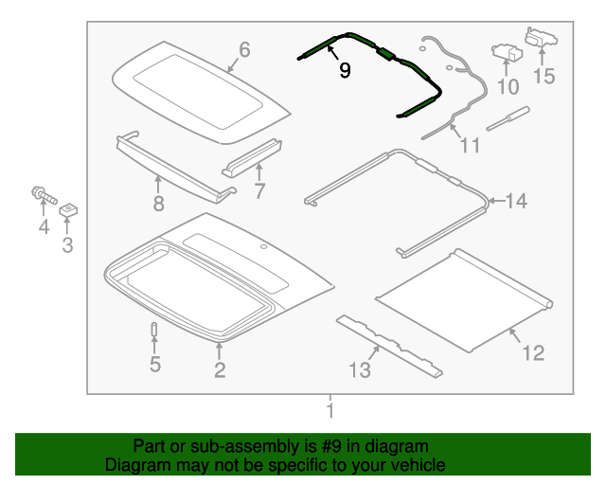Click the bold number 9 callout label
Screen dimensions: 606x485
345,70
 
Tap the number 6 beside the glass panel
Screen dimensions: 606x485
244,50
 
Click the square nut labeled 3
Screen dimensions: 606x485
68,210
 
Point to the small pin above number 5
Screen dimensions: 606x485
154,329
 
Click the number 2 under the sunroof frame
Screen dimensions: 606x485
220,369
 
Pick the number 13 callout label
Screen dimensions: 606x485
360,369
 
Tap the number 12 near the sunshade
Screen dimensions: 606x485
533,353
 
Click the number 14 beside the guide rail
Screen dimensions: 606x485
516,201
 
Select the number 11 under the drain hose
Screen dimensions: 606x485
470,146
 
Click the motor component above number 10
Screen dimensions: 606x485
507,52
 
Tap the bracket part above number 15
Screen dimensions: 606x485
541,37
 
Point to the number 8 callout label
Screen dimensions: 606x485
158,204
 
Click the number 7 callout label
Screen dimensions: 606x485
259,191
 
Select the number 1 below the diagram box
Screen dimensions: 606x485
330,410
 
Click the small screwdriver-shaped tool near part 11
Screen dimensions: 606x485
508,118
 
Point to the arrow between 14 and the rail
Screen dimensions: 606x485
496,201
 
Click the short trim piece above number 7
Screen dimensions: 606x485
252,158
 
